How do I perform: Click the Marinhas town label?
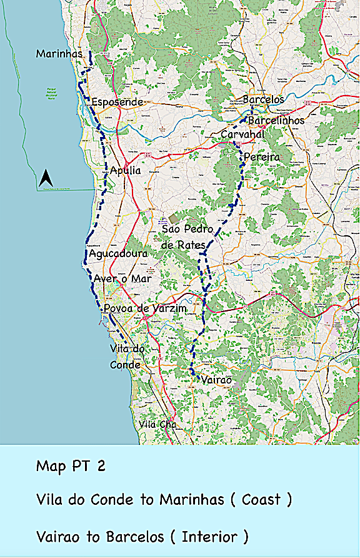(59, 54)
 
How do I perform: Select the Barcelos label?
(263, 99)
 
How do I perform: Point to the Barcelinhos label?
(276, 119)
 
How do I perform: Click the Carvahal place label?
(242, 134)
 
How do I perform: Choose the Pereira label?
(262, 156)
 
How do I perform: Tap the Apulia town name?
(125, 170)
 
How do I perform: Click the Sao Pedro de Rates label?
(187, 237)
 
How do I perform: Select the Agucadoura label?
(118, 254)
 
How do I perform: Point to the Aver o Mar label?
(122, 279)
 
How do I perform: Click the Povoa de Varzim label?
(145, 309)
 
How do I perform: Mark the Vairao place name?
(216, 380)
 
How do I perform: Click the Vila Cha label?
(157, 425)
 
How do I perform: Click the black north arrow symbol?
(45, 179)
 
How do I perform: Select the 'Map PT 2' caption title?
(71, 466)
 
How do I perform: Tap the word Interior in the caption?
(210, 536)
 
